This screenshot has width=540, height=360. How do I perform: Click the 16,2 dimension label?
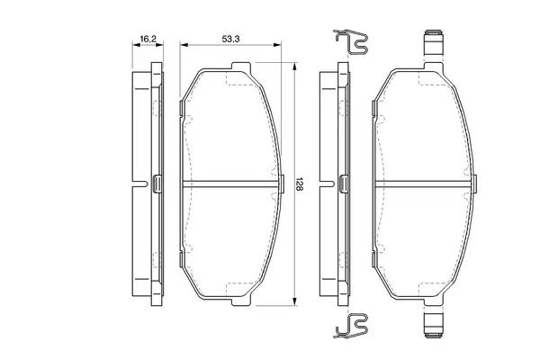tap(148, 39)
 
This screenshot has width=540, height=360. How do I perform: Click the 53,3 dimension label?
tap(230, 39)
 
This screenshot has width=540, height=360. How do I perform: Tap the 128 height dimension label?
tap(299, 184)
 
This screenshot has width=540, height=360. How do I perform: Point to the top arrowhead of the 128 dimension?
tap(294, 67)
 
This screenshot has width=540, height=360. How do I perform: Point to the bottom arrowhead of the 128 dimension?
tap(294, 301)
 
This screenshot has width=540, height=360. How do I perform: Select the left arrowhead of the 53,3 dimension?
tap(184, 45)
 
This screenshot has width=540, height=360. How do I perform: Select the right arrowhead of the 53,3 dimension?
tap(277, 45)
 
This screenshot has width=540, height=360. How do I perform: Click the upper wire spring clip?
tap(351, 42)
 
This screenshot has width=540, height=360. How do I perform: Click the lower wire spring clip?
tap(351, 326)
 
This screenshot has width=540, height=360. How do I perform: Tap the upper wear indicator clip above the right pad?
tap(434, 42)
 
